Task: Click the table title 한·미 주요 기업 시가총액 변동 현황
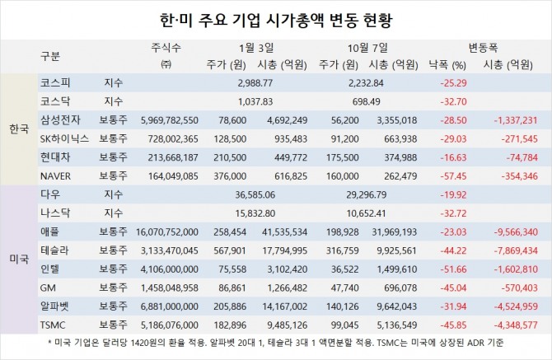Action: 276,17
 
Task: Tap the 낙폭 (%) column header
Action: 447,64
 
